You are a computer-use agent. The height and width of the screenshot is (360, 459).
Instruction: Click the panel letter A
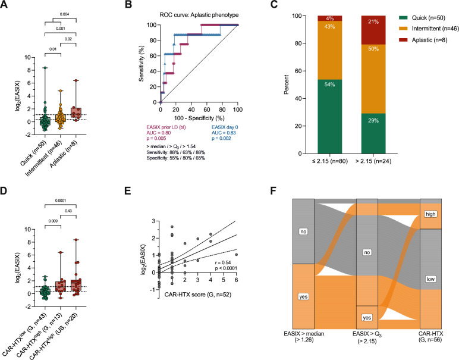pos(6,5)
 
